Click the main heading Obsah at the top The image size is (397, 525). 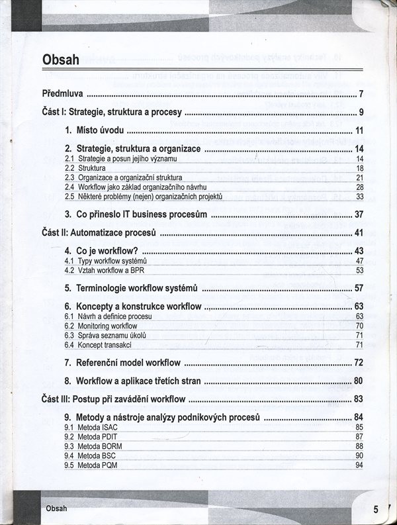[x=60, y=60]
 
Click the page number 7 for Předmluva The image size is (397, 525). [x=361, y=93]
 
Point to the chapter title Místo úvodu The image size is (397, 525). [x=99, y=130]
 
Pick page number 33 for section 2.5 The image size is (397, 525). [x=360, y=197]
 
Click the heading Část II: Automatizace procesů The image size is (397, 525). [x=99, y=233]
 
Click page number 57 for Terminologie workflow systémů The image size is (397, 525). [x=359, y=288]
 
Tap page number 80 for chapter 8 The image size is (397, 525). [x=359, y=381]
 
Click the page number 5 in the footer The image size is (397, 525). [x=375, y=509]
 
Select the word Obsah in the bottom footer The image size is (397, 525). [x=56, y=508]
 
